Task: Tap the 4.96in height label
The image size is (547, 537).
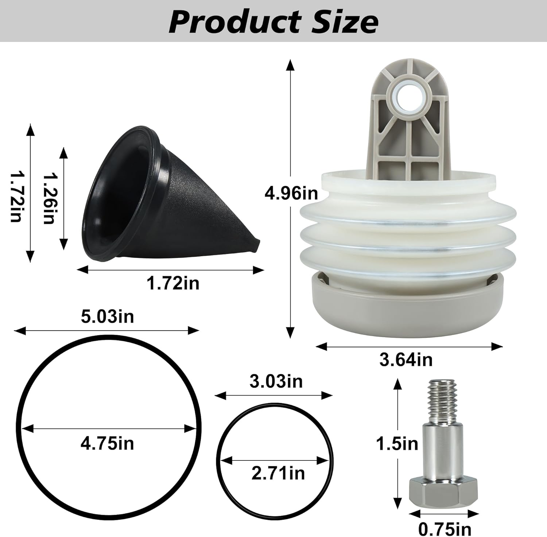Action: pyautogui.click(x=291, y=193)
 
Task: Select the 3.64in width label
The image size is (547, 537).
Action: pyautogui.click(x=406, y=360)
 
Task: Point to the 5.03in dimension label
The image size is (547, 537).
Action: pyautogui.click(x=107, y=316)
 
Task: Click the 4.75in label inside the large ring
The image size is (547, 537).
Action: pyautogui.click(x=107, y=444)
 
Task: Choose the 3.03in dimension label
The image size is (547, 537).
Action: pyautogui.click(x=276, y=381)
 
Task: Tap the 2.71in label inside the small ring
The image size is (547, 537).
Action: pyautogui.click(x=278, y=473)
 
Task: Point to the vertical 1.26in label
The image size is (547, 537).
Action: pyautogui.click(x=50, y=198)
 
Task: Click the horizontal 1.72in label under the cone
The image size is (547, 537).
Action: pyautogui.click(x=173, y=283)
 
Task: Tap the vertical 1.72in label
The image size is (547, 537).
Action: pyautogui.click(x=16, y=198)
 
